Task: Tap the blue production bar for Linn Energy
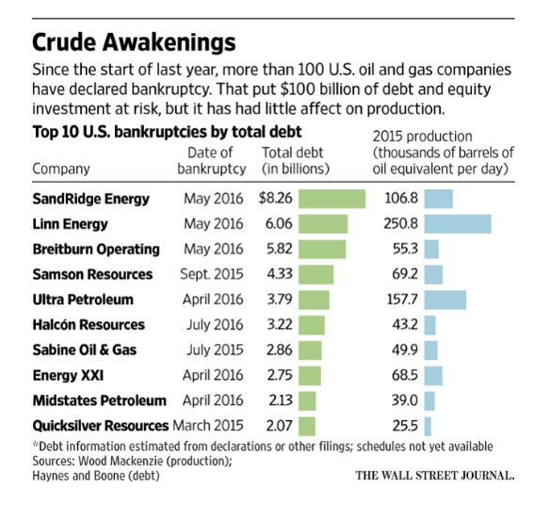click(x=458, y=223)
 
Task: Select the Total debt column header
click(x=293, y=159)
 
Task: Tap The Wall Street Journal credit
click(x=434, y=475)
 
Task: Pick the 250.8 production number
click(x=402, y=223)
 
